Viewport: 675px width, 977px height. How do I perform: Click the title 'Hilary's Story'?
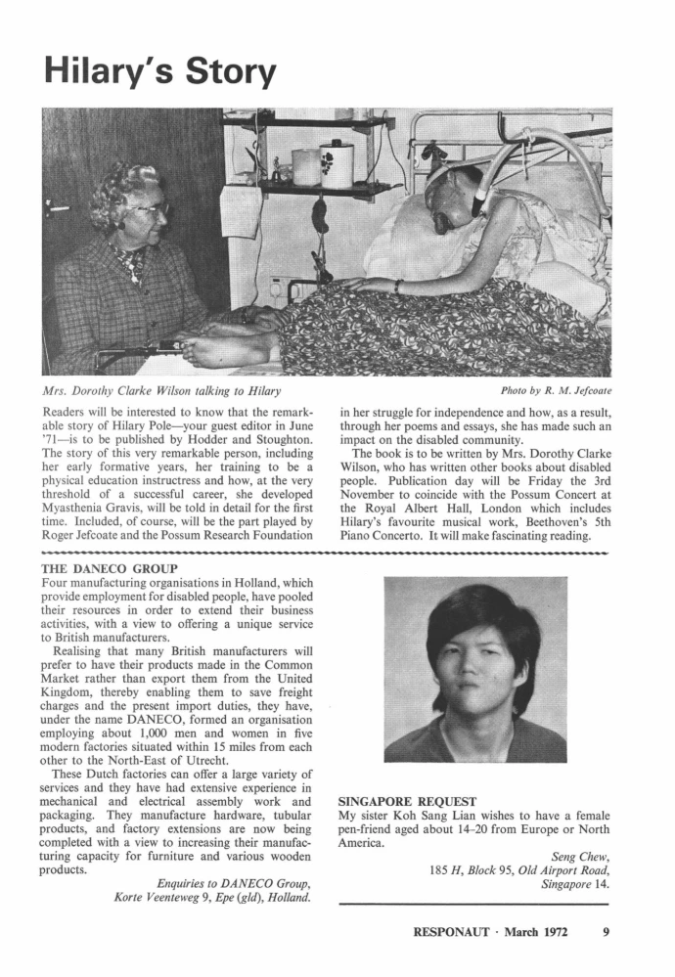pyautogui.click(x=160, y=70)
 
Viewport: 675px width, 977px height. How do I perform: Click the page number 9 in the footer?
pyautogui.click(x=607, y=932)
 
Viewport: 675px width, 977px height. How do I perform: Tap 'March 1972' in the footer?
pyautogui.click(x=545, y=932)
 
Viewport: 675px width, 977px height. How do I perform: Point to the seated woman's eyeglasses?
pyautogui.click(x=152, y=208)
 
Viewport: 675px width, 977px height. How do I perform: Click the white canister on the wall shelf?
pyautogui.click(x=337, y=163)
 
